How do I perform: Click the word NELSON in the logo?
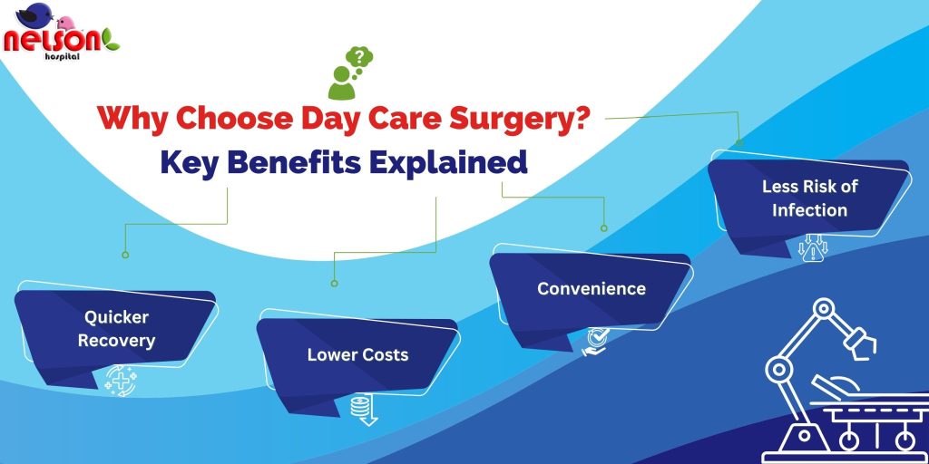[x=52, y=41]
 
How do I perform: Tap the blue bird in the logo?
[x=34, y=14]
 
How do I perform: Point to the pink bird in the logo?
[x=65, y=23]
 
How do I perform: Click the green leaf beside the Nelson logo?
[x=111, y=39]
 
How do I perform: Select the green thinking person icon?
[x=342, y=82]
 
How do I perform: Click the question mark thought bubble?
[x=359, y=59]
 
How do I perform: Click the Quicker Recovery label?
[x=116, y=329]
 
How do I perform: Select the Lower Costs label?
[x=357, y=355]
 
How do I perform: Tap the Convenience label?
[x=592, y=289]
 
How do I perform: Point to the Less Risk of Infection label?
[x=809, y=198]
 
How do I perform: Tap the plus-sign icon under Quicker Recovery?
[x=121, y=382]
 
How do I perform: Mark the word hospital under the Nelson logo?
[x=62, y=55]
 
